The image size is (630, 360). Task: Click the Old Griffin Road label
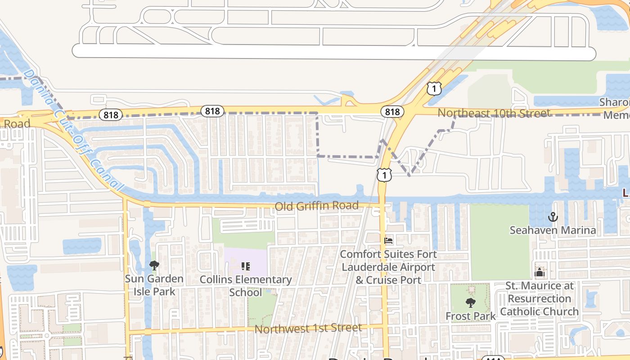(x=316, y=206)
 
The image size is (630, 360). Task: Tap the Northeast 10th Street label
(x=494, y=113)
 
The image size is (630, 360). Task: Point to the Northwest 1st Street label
(x=308, y=328)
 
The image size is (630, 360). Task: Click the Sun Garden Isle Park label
(x=154, y=285)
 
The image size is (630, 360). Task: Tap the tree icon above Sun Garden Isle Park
(x=154, y=265)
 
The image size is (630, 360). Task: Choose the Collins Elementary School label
(x=246, y=286)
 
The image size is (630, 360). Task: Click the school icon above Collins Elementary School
(x=246, y=266)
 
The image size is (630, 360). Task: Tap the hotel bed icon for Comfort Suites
(x=388, y=241)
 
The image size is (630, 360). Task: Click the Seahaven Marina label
(x=553, y=230)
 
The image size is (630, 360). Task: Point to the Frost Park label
(x=470, y=316)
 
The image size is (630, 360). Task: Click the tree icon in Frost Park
(x=470, y=302)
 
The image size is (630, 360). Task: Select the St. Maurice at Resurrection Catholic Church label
(x=540, y=298)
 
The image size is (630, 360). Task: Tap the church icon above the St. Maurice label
(x=540, y=272)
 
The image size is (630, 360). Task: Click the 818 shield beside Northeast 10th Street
(x=392, y=112)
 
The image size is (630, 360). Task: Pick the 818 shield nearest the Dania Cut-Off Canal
(x=110, y=115)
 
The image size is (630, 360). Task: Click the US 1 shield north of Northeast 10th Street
(x=434, y=88)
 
